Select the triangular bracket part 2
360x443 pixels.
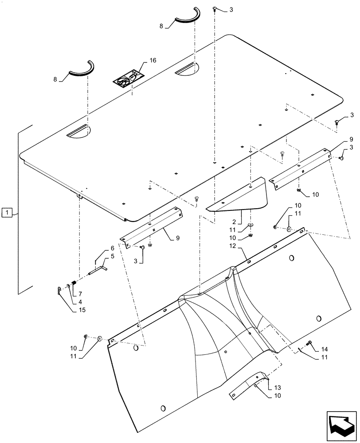(239, 198)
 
